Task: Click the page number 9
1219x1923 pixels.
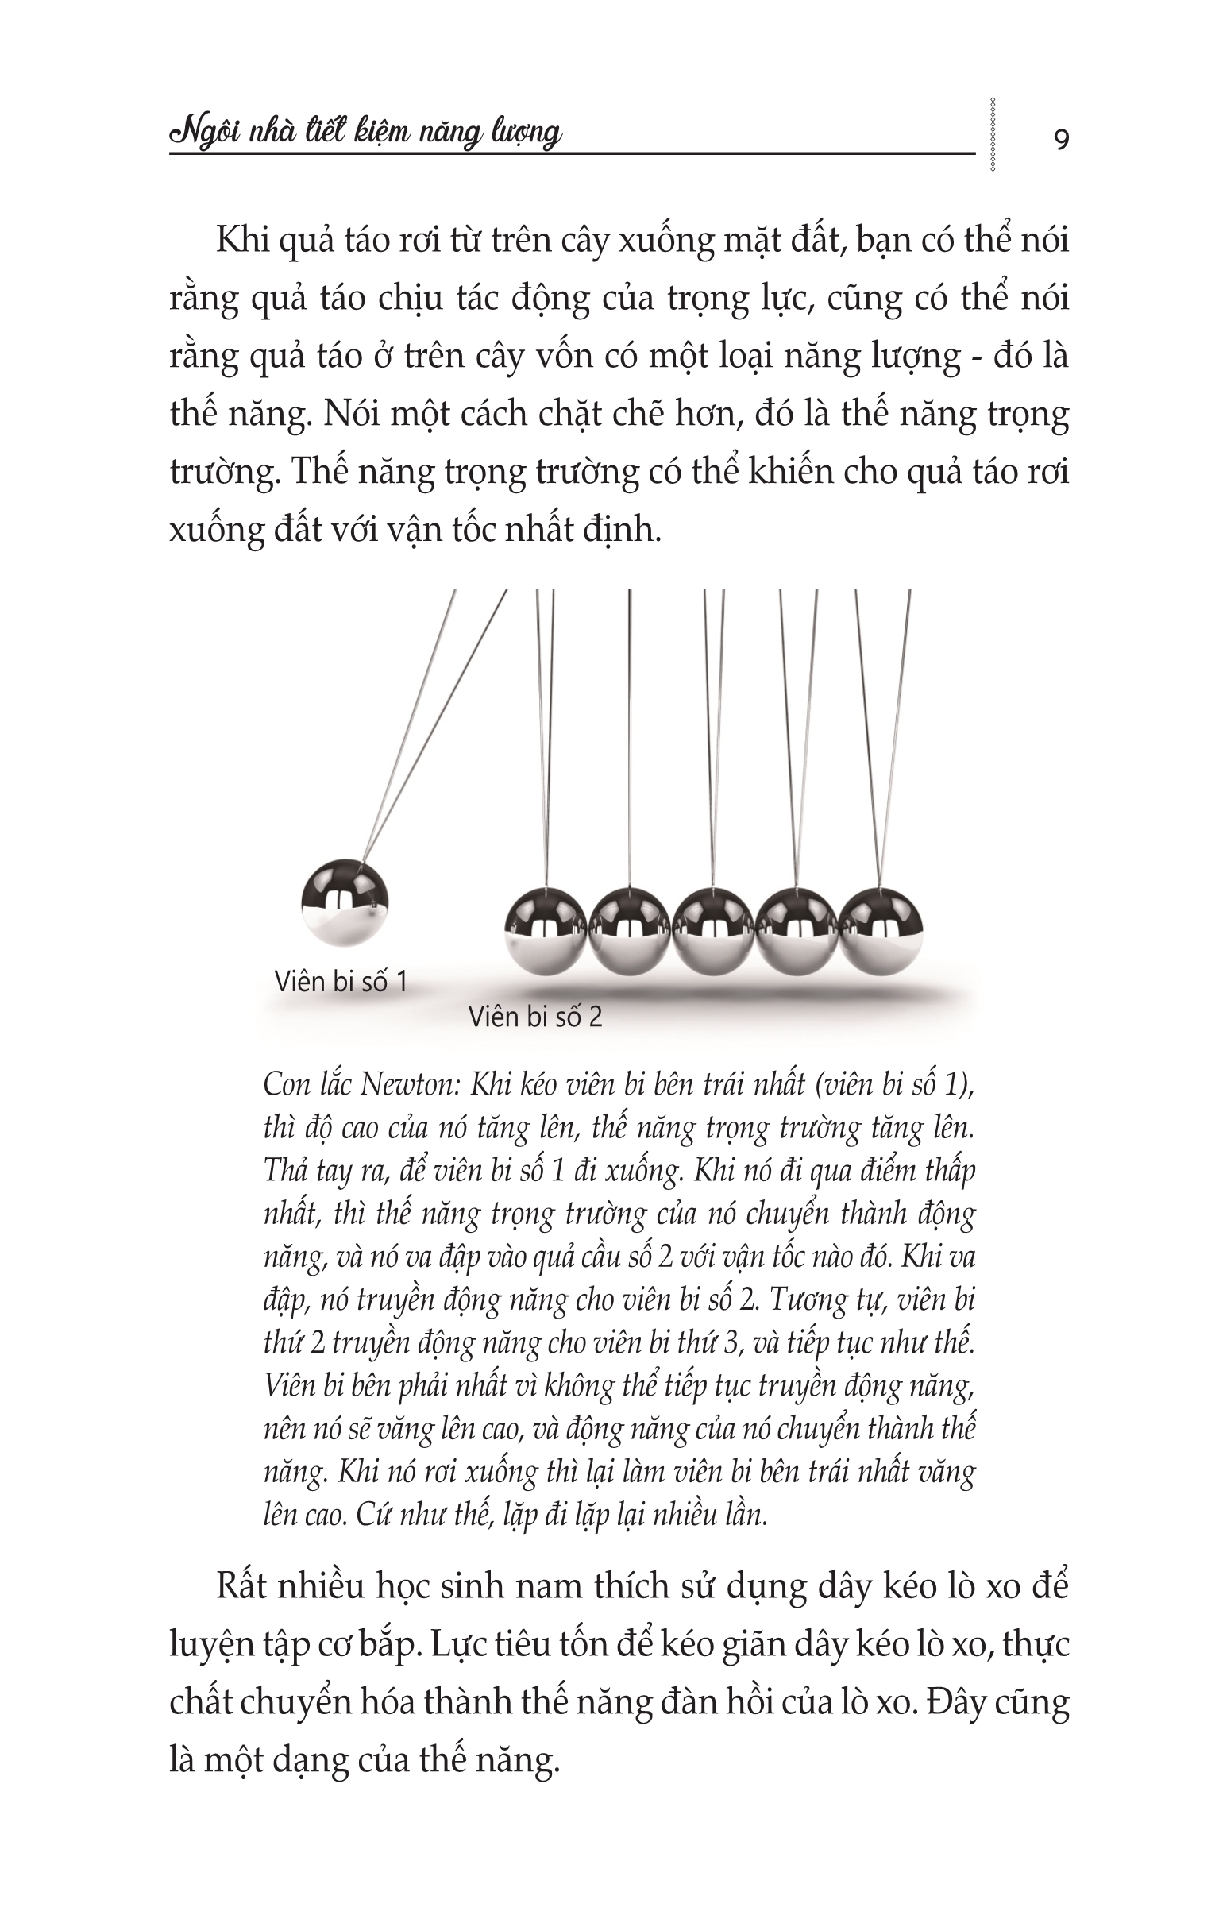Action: (1061, 140)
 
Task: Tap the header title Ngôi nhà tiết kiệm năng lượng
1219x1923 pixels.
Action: (365, 133)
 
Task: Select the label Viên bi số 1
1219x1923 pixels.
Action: (341, 982)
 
